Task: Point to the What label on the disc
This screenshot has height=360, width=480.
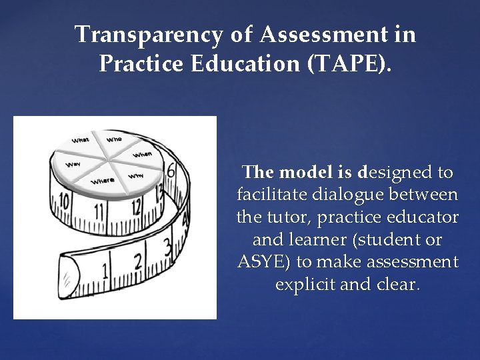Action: click(x=81, y=140)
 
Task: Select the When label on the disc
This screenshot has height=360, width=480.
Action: click(x=143, y=154)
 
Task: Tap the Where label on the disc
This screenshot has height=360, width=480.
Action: click(x=103, y=180)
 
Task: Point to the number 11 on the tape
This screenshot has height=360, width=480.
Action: click(x=99, y=211)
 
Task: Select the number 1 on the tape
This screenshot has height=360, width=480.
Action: click(x=105, y=270)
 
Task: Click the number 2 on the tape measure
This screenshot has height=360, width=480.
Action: click(x=138, y=261)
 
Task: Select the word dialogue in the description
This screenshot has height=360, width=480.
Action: click(x=354, y=195)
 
